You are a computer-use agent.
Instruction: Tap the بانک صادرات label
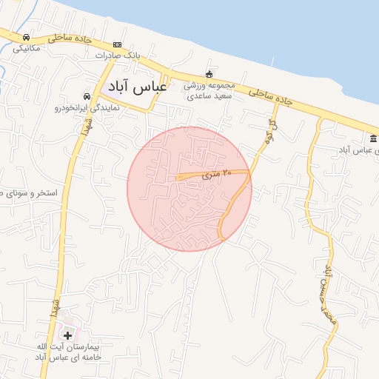pos(118,56)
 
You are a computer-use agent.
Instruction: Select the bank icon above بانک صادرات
pos(118,45)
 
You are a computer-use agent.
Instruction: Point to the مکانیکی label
pos(27,48)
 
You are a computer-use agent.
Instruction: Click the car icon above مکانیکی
pos(27,38)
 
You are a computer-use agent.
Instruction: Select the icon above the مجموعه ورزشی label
pos(209,74)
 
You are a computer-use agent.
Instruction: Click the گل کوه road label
pos(270,131)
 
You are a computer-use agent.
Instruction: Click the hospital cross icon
pos(68,335)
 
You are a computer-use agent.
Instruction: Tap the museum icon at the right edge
pos(372,138)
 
